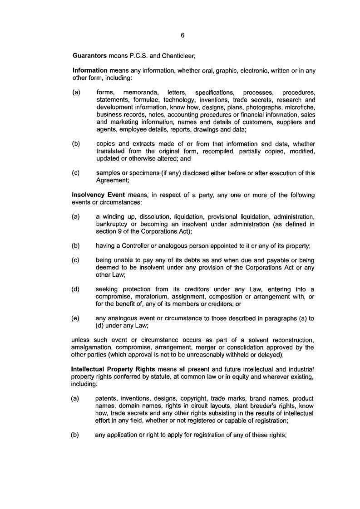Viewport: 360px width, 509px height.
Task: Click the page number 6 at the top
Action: [x=182, y=35]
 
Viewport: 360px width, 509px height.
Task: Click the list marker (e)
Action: [x=75, y=319]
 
